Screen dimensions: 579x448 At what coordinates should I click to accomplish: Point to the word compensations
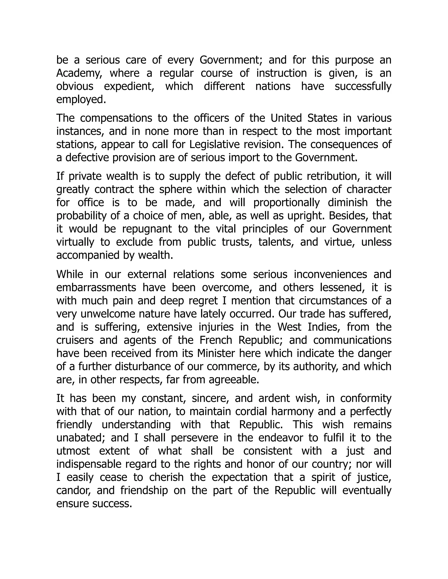(x=116, y=118)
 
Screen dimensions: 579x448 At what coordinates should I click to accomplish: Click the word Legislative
(x=212, y=144)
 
